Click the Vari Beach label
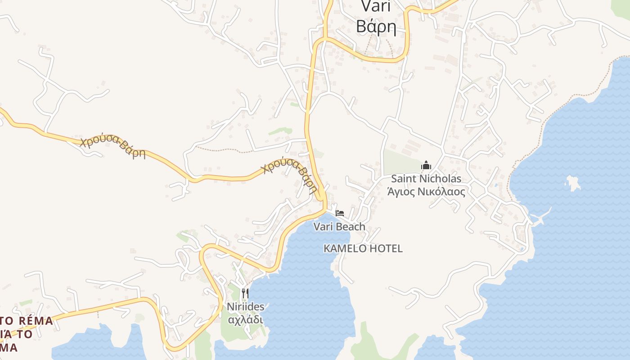(339, 226)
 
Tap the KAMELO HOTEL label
(363, 248)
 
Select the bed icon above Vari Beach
(340, 213)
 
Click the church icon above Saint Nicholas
(426, 166)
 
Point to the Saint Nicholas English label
(426, 179)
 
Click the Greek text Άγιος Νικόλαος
(426, 192)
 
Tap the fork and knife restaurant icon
(245, 293)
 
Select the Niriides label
(245, 307)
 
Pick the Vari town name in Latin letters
(376, 6)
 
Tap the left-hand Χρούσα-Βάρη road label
(113, 147)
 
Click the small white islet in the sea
(573, 182)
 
